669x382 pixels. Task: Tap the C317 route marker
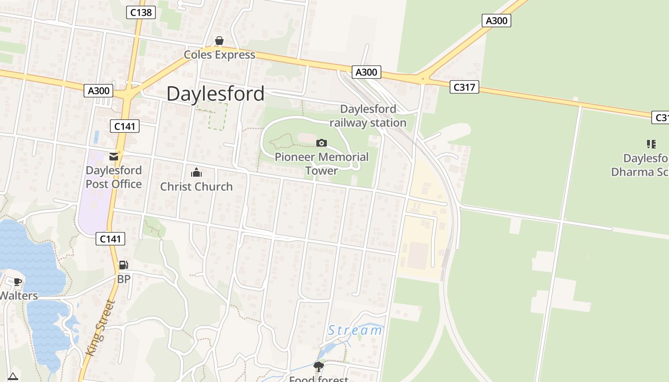pyautogui.click(x=464, y=87)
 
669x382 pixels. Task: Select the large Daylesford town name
pyautogui.click(x=215, y=94)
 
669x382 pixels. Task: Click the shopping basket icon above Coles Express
pyautogui.click(x=219, y=41)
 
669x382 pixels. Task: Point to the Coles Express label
pyautogui.click(x=220, y=55)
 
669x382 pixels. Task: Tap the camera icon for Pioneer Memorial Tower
pyautogui.click(x=322, y=143)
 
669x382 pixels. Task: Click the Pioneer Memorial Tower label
pyautogui.click(x=322, y=163)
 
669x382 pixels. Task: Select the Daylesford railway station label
pyautogui.click(x=368, y=116)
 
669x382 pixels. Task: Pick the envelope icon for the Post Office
pyautogui.click(x=114, y=156)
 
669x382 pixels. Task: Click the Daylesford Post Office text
pyautogui.click(x=114, y=177)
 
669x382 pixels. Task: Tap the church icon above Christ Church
pyautogui.click(x=196, y=172)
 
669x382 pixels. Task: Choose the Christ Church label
pyautogui.click(x=196, y=187)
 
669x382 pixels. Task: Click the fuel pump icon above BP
pyautogui.click(x=123, y=265)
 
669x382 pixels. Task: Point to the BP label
pyautogui.click(x=124, y=279)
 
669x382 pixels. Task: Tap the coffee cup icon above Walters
pyautogui.click(x=18, y=282)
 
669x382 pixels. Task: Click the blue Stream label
pyautogui.click(x=355, y=330)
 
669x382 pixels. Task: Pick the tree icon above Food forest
pyautogui.click(x=318, y=367)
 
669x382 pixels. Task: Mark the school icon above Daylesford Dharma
pyautogui.click(x=651, y=144)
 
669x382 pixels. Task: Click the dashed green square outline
pyautogui.click(x=212, y=117)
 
